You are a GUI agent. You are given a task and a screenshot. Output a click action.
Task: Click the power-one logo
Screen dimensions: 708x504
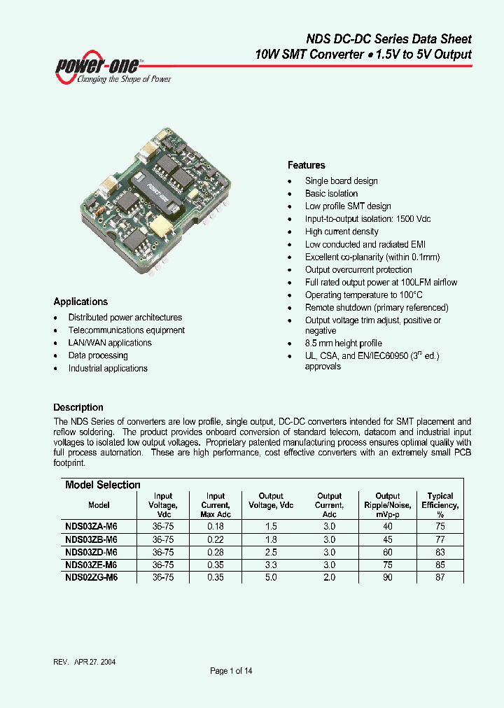pos(112,69)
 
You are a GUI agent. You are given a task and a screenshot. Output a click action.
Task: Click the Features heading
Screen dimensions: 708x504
pos(306,165)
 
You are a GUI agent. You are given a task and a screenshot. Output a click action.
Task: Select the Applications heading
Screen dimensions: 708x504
pos(80,302)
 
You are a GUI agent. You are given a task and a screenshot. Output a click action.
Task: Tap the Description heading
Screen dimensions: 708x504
pos(78,407)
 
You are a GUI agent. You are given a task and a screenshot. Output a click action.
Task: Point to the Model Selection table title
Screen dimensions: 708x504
pos(103,485)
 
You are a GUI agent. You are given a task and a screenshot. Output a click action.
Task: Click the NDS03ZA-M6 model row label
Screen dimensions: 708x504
pos(91,527)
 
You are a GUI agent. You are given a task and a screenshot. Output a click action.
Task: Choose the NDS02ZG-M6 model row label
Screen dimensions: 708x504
pos(91,577)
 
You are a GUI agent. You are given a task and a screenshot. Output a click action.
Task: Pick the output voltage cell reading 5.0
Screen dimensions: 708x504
pos(271,577)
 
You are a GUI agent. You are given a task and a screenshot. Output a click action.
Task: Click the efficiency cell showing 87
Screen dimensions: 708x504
pos(440,577)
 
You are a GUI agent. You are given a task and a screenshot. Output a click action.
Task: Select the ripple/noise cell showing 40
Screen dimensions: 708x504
pos(388,527)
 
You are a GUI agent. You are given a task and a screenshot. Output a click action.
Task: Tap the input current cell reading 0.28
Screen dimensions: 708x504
pos(216,552)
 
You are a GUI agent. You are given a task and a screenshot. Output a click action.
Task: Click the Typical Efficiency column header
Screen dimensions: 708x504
pos(440,505)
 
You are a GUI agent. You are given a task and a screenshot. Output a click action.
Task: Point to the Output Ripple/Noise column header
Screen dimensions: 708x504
pos(388,505)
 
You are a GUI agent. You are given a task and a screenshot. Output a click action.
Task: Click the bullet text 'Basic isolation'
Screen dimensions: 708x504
pos(331,194)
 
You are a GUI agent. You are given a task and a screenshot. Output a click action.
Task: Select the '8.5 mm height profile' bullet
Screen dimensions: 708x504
pos(343,344)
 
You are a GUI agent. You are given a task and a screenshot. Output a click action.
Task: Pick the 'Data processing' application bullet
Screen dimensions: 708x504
pos(98,355)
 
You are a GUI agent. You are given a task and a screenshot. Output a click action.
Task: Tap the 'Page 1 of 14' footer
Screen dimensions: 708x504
pos(231,671)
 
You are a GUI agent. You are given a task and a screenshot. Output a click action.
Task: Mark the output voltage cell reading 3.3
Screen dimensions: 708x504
pos(271,565)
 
